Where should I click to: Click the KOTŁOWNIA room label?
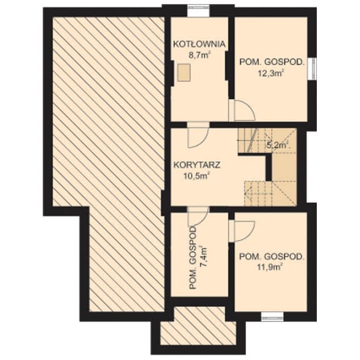pyautogui.click(x=199, y=44)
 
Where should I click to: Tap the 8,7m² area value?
pyautogui.click(x=199, y=55)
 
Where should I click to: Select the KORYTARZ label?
pyautogui.click(x=197, y=165)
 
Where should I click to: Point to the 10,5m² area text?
pyautogui.click(x=197, y=176)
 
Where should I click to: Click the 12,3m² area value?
pyautogui.click(x=270, y=73)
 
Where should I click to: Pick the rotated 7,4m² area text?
pyautogui.click(x=204, y=257)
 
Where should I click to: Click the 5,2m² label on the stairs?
pyautogui.click(x=278, y=145)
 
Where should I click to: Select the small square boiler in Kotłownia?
pyautogui.click(x=184, y=72)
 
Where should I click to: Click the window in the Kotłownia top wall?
pyautogui.click(x=199, y=11)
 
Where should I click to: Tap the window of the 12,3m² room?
pyautogui.click(x=312, y=69)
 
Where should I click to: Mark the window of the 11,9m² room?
pyautogui.click(x=273, y=317)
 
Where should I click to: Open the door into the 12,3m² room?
pyautogui.click(x=242, y=110)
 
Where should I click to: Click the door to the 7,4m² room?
pyautogui.click(x=198, y=216)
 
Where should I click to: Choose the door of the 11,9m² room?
pyautogui.click(x=242, y=231)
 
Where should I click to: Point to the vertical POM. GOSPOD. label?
pyautogui.click(x=192, y=258)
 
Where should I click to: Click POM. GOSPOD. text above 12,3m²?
pyautogui.click(x=273, y=62)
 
